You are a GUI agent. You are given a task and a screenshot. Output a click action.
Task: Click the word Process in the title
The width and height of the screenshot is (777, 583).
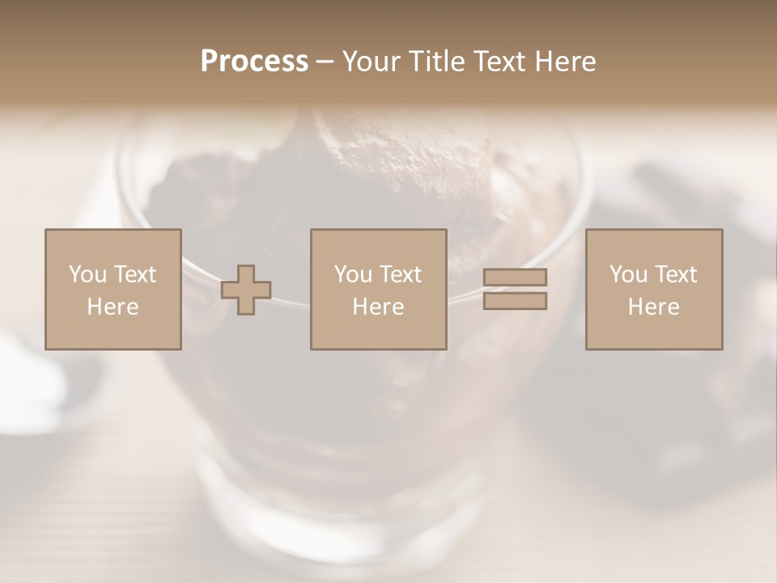tap(254, 61)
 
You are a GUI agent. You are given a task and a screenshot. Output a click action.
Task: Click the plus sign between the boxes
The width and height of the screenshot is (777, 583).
tap(246, 290)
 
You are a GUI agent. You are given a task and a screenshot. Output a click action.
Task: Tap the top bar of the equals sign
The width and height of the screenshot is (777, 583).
tap(515, 277)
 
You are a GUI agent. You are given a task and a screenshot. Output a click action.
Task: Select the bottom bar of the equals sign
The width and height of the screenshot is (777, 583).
tap(515, 301)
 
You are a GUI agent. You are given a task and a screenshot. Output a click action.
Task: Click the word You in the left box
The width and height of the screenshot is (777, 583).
tap(87, 274)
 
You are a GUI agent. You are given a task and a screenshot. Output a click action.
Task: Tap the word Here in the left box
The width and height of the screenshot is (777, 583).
tap(113, 307)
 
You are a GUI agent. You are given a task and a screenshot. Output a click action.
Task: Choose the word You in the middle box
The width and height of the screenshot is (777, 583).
tap(353, 274)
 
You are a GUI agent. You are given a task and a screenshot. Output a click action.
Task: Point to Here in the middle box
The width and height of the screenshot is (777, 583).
tap(378, 307)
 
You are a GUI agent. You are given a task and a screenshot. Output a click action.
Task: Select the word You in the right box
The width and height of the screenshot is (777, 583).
tap(628, 274)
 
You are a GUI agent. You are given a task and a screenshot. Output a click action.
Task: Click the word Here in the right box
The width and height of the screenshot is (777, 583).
tap(653, 307)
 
